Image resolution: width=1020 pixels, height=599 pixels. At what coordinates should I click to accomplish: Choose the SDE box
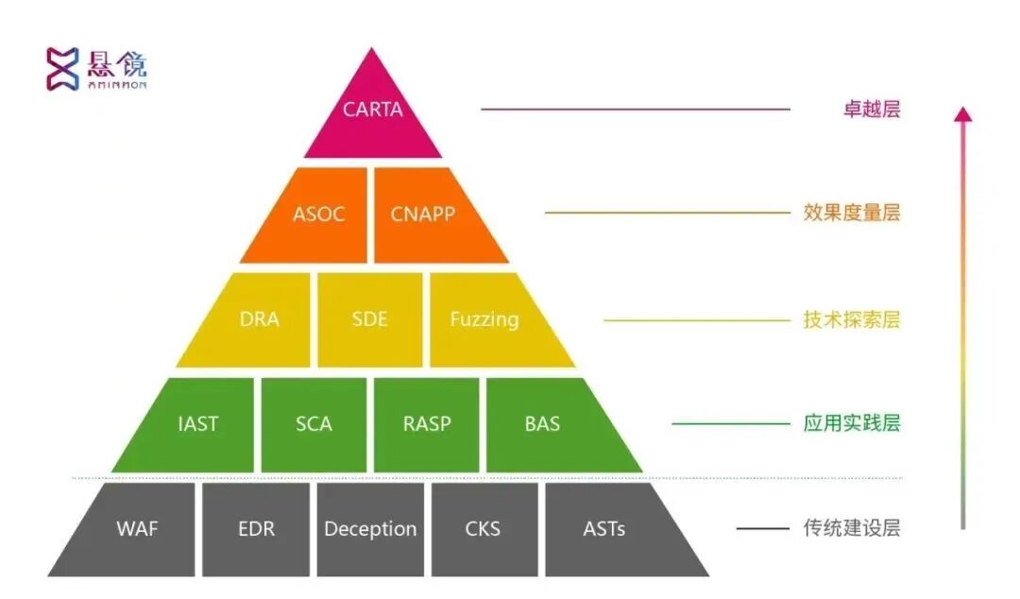coord(369,319)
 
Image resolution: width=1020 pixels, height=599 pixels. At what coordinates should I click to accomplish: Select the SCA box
coord(314,424)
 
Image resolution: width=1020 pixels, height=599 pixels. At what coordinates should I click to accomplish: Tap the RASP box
coord(427,424)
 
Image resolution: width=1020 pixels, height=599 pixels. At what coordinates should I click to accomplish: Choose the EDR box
coord(256,529)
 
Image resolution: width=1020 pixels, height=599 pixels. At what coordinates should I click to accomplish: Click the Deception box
coord(370,529)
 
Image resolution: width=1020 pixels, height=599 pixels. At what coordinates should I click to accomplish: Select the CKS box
coord(484,529)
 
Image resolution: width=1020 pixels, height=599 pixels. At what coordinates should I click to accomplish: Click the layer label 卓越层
coord(871,109)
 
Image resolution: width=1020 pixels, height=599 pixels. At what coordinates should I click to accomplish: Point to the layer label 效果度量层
coord(852,213)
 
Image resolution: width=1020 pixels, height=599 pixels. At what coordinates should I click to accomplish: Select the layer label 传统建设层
coord(852,527)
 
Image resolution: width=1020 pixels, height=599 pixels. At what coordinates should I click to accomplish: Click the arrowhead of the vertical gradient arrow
coord(962,114)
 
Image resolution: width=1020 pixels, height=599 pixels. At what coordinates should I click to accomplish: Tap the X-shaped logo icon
coord(63,69)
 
